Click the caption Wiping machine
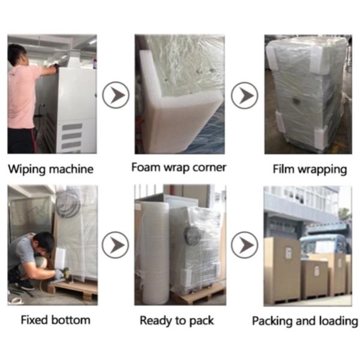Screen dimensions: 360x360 (50, 169)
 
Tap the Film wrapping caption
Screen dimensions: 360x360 (310, 169)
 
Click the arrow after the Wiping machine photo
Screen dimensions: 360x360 (115, 95)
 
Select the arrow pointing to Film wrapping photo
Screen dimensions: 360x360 (245, 95)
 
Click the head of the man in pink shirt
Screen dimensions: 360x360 (17, 55)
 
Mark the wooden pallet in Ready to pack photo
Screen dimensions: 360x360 (198, 295)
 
